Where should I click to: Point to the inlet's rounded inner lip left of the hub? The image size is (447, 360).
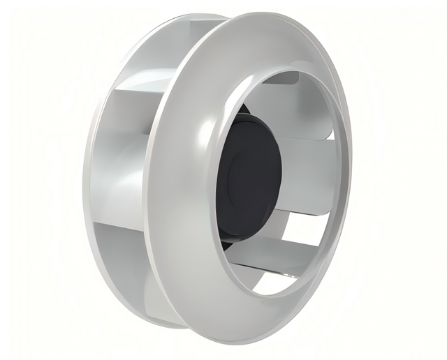[213, 181]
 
